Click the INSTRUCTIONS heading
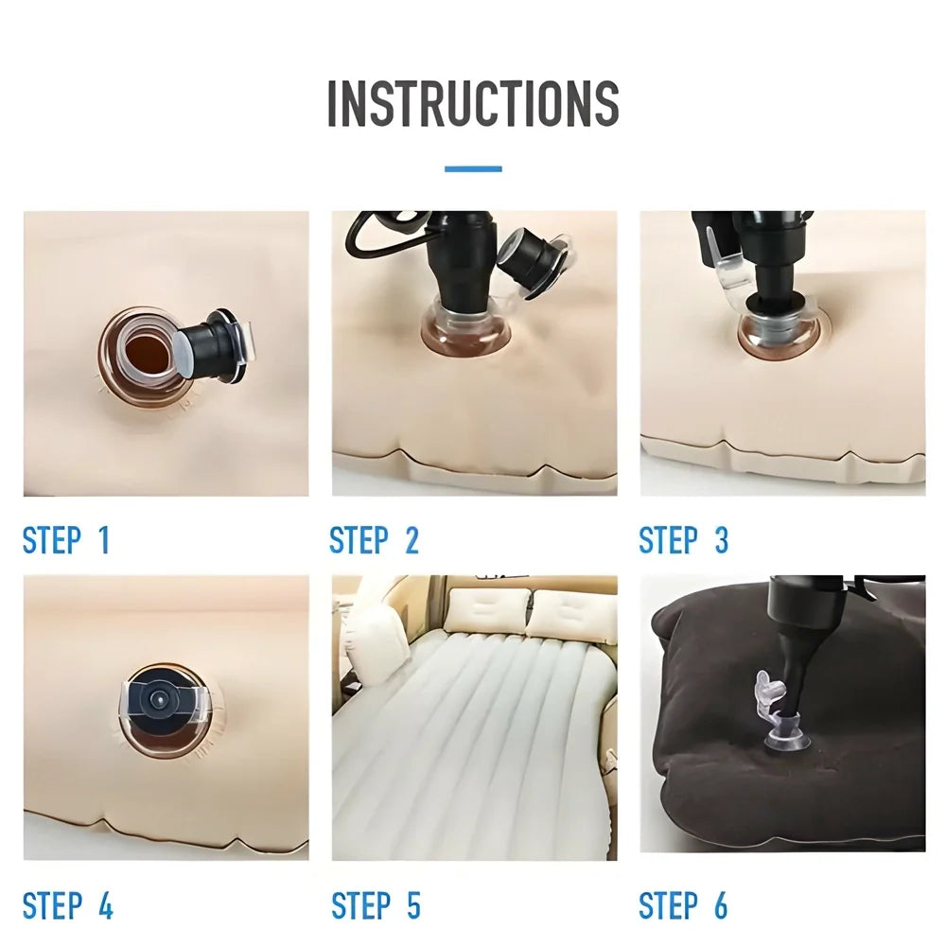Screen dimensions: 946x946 pyautogui.click(x=473, y=103)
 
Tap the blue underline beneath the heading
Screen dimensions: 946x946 pyautogui.click(x=473, y=169)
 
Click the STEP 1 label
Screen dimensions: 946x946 pyautogui.click(x=66, y=541)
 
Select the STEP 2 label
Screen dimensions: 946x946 pyautogui.click(x=374, y=541)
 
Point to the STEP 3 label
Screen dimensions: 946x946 pyautogui.click(x=683, y=541)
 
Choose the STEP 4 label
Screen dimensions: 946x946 pyautogui.click(x=67, y=905)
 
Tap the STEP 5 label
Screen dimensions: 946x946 pyautogui.click(x=376, y=905)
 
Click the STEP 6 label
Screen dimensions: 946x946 pyautogui.click(x=683, y=905)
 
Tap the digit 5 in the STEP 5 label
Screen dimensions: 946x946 pyautogui.click(x=412, y=905)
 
